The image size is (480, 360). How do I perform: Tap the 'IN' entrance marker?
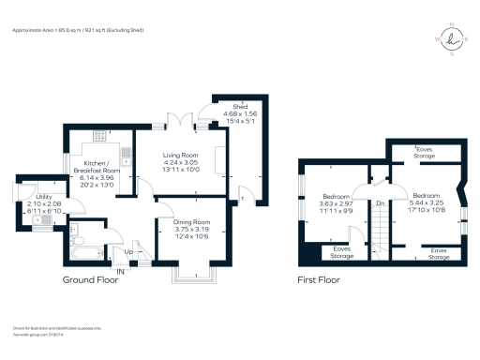[119, 272]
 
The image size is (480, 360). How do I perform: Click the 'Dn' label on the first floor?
[380, 202]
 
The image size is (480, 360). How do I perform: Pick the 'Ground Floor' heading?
[92, 279]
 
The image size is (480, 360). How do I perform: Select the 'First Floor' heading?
[318, 279]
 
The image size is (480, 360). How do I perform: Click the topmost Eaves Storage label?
[425, 153]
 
